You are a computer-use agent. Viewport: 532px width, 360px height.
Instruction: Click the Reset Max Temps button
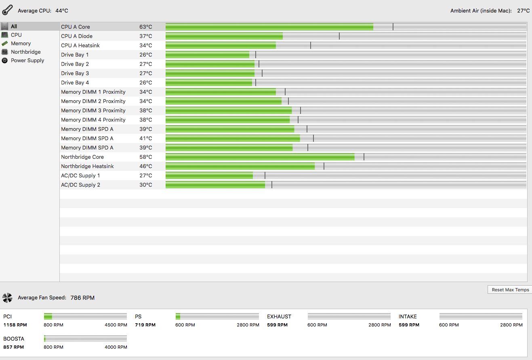tap(511, 290)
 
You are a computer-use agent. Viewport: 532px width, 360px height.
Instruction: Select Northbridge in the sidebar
tap(25, 52)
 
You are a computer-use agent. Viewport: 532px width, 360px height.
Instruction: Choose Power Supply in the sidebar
tap(27, 61)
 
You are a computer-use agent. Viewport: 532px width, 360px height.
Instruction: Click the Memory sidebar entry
tap(21, 44)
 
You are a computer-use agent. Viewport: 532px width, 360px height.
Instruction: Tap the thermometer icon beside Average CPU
tap(7, 10)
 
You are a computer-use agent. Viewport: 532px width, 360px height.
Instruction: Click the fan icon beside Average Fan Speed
tap(7, 298)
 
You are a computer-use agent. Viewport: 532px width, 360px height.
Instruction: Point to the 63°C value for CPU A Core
tap(146, 27)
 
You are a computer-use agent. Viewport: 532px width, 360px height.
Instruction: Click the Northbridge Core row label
tap(82, 157)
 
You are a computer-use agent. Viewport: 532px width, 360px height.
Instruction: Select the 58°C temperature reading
tap(146, 157)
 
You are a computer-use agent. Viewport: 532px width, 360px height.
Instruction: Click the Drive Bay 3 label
tap(75, 74)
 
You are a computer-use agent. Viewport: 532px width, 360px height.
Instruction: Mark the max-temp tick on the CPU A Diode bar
tap(339, 36)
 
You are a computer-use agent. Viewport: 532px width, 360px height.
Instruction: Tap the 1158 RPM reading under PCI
tap(15, 325)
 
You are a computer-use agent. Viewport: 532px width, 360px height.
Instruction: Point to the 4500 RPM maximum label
tap(116, 325)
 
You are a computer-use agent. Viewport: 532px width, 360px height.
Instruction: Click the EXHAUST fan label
tap(279, 317)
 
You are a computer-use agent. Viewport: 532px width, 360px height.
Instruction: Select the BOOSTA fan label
tap(14, 339)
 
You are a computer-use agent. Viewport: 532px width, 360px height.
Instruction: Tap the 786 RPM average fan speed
tap(82, 298)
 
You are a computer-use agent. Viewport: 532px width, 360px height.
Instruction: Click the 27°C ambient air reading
tap(523, 11)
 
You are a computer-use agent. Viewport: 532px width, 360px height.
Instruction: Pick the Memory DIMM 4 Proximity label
tap(93, 120)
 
